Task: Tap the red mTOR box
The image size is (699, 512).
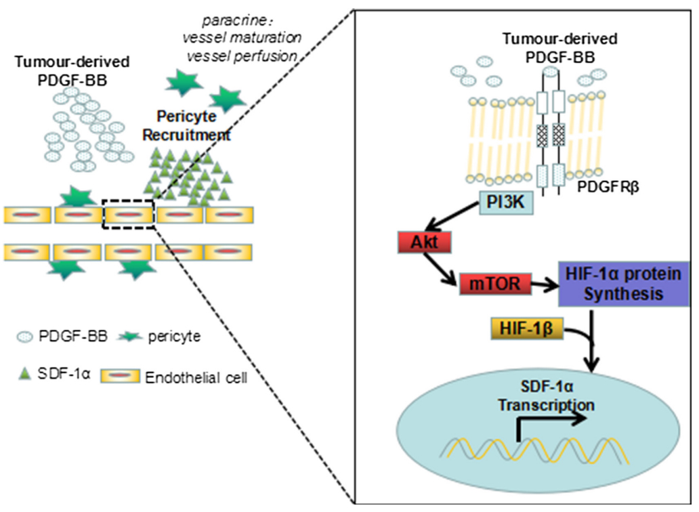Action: pyautogui.click(x=493, y=285)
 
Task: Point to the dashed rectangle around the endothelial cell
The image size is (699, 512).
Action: pyautogui.click(x=128, y=214)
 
